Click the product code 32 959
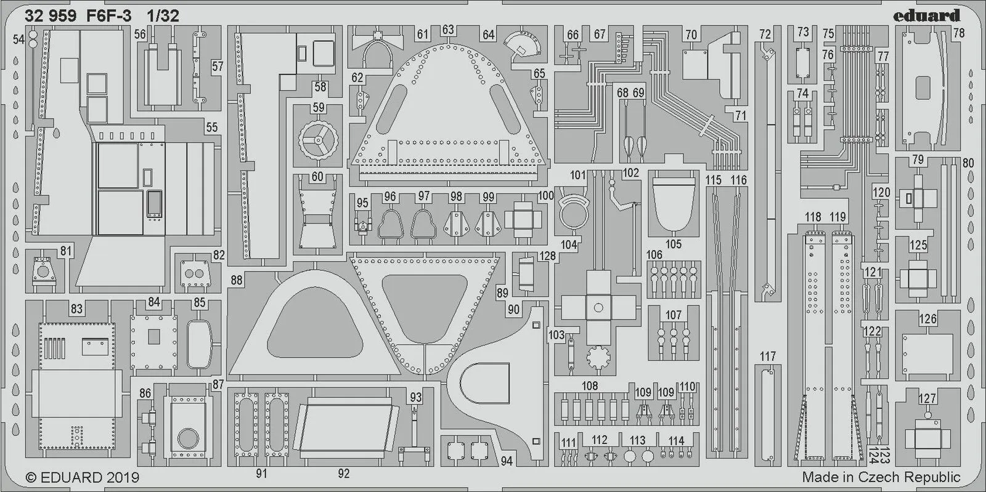tap(51, 17)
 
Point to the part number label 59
tap(318, 108)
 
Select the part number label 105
tap(673, 244)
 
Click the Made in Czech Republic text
tap(881, 477)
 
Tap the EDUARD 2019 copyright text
tap(82, 477)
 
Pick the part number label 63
tap(448, 30)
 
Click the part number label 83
tap(76, 309)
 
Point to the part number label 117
tap(767, 356)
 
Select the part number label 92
tap(343, 473)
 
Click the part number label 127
tap(927, 398)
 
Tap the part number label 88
tap(236, 280)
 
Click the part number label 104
tap(568, 244)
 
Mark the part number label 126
tap(927, 318)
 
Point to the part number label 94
tap(506, 461)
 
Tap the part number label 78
tap(959, 34)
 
